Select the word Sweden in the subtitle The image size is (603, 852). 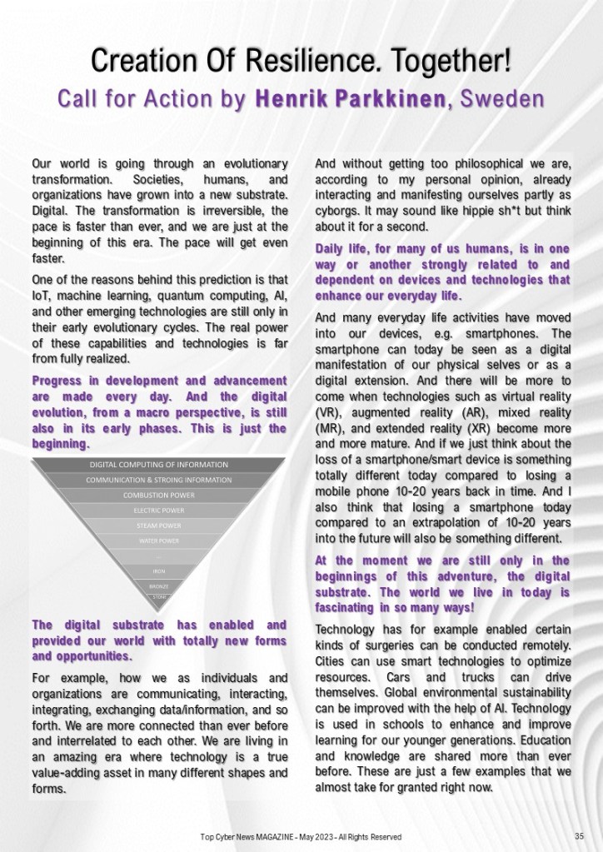click(x=500, y=98)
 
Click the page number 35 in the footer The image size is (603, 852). click(x=578, y=836)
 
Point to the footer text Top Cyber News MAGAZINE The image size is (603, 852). click(x=250, y=836)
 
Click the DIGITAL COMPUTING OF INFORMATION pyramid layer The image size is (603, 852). click(x=159, y=464)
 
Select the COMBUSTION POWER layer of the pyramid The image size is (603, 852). click(x=159, y=496)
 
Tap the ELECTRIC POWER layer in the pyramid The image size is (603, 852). click(x=159, y=511)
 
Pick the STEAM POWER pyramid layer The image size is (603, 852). click(x=159, y=526)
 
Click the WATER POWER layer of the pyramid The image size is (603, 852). click(x=159, y=541)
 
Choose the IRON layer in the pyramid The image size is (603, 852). click(x=159, y=571)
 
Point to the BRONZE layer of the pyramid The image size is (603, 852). click(x=159, y=586)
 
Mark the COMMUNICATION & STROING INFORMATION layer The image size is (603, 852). click(x=159, y=480)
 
